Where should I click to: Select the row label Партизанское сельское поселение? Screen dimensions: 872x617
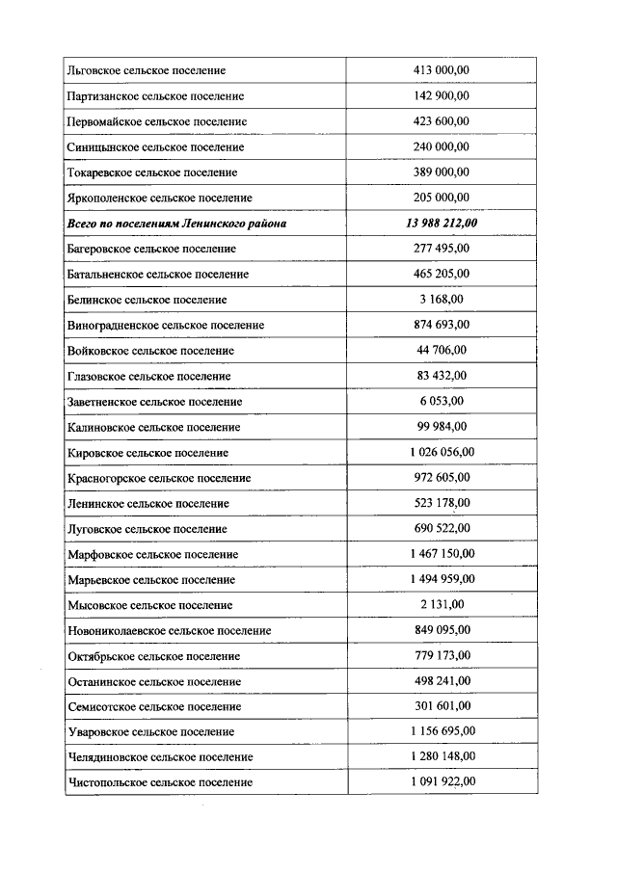(x=155, y=96)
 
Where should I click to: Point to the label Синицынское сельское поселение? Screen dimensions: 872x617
(x=155, y=147)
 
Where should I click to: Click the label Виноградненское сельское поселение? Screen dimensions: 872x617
(x=166, y=326)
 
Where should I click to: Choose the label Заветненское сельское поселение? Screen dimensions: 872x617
(x=155, y=402)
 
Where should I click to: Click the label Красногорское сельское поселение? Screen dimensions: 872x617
(x=159, y=478)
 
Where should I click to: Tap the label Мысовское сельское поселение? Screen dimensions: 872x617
(x=150, y=605)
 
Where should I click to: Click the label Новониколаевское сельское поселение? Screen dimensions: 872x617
(x=169, y=631)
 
